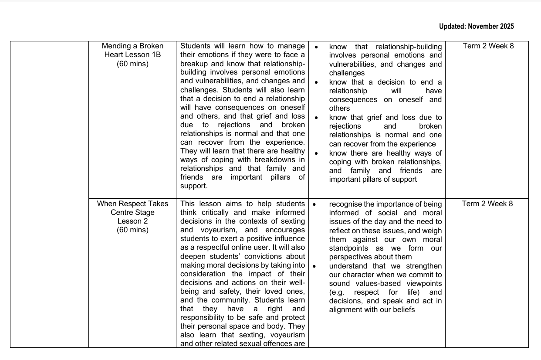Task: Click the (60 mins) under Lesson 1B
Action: [x=132, y=64]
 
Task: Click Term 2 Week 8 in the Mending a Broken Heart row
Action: [x=488, y=46]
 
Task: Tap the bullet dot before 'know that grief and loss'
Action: [x=317, y=118]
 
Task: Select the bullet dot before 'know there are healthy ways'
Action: [x=317, y=153]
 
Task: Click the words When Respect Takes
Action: [x=132, y=204]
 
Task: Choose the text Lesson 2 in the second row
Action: [x=132, y=221]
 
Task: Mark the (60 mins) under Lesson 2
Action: [x=132, y=230]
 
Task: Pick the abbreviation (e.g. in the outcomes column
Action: [x=338, y=292]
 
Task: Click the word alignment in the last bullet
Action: [x=346, y=310]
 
